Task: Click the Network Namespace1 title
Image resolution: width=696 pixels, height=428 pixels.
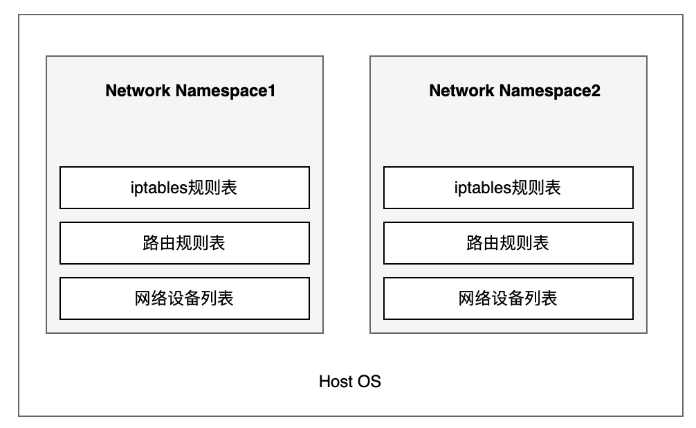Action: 190,91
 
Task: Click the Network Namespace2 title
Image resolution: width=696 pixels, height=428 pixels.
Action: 515,91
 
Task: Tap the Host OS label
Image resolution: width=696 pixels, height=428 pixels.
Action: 350,382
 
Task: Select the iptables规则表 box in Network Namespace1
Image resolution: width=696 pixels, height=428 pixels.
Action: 185,188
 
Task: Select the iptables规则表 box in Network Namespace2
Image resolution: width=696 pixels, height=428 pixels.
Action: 509,188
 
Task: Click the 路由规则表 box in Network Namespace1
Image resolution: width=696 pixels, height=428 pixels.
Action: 185,243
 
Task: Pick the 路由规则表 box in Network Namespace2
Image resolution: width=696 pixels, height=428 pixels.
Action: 509,243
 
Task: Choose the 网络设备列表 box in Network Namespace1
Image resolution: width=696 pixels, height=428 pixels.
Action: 185,298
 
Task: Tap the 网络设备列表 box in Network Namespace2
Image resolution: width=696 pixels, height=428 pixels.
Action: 509,298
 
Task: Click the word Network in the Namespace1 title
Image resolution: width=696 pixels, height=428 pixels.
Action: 138,91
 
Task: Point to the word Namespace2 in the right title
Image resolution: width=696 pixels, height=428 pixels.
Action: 550,91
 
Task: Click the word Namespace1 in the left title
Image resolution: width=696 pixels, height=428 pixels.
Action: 226,91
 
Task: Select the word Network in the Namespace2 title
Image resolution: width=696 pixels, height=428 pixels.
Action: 461,91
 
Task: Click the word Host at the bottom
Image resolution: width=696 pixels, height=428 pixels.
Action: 335,382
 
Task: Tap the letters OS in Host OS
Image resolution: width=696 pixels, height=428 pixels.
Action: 369,382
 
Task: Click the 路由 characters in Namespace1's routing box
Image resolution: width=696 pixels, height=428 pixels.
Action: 159,243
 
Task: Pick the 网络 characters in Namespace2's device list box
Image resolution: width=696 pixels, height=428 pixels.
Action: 475,298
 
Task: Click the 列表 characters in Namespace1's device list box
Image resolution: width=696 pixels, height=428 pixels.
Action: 217,298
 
